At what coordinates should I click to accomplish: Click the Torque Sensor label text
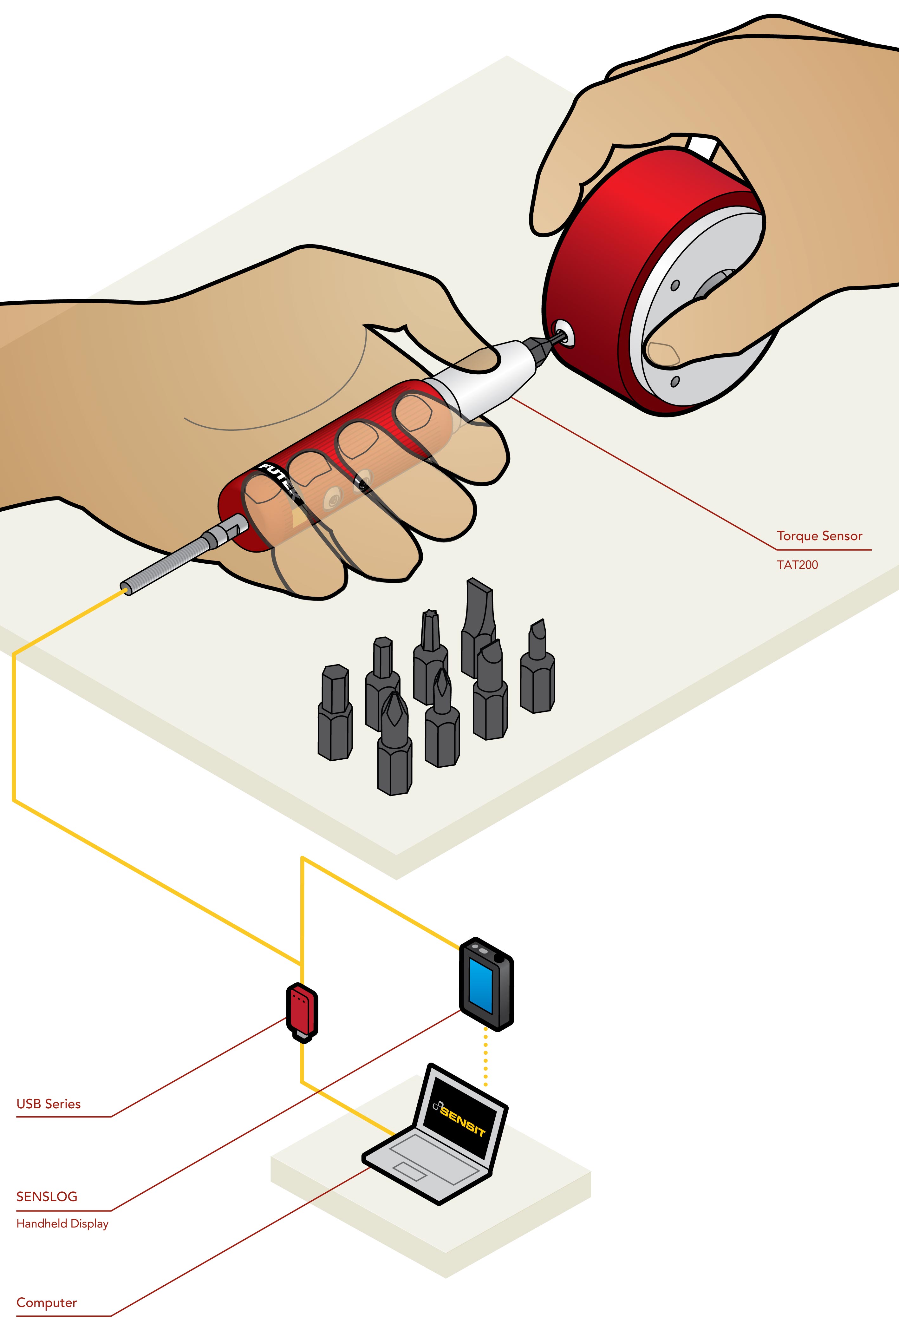coord(819,536)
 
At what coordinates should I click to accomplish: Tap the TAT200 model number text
coord(797,565)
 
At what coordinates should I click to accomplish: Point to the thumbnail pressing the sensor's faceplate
coord(662,353)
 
